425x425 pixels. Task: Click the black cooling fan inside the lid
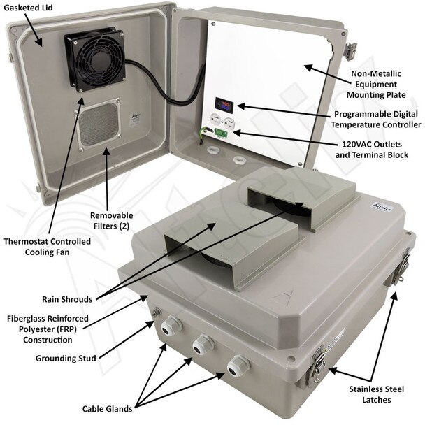(95, 59)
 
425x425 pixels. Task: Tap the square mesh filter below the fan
(97, 124)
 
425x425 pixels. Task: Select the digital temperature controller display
(224, 103)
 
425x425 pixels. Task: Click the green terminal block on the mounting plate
(221, 132)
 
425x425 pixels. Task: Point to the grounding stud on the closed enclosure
(157, 312)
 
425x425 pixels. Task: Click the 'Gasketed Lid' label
(28, 8)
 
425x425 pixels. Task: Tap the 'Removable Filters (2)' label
(111, 220)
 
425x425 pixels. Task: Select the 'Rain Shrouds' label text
(67, 299)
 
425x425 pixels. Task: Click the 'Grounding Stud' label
(66, 359)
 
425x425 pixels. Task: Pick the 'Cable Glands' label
(108, 409)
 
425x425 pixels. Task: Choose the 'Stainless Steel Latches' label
(377, 394)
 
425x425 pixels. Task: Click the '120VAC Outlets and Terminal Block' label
(372, 150)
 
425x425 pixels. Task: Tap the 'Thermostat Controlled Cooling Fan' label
(47, 247)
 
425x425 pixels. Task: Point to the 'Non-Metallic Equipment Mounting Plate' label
(376, 85)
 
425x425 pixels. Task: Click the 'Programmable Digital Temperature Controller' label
(375, 120)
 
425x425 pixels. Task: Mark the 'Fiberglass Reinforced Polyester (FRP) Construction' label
(48, 329)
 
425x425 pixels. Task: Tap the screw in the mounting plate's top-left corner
(213, 24)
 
